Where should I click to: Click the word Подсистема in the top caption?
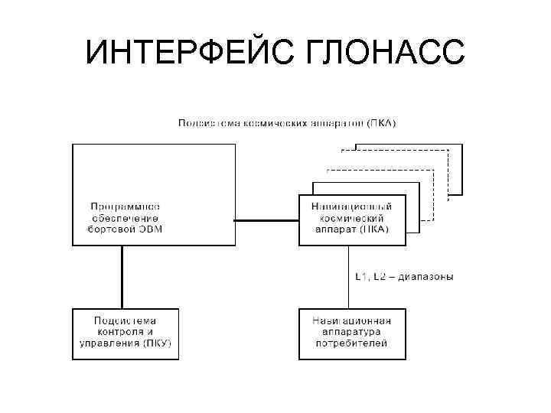(205, 122)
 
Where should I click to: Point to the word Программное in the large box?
(125, 206)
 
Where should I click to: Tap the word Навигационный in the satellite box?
(352, 206)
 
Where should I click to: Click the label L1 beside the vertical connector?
(360, 276)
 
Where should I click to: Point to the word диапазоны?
(429, 276)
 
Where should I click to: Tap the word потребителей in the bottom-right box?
(352, 343)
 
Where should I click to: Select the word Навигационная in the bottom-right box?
(352, 321)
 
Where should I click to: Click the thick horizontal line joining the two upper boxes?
(266, 222)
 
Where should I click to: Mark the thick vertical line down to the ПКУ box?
(121, 276)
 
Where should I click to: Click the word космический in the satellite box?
(352, 217)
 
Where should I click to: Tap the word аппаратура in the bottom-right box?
(352, 333)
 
